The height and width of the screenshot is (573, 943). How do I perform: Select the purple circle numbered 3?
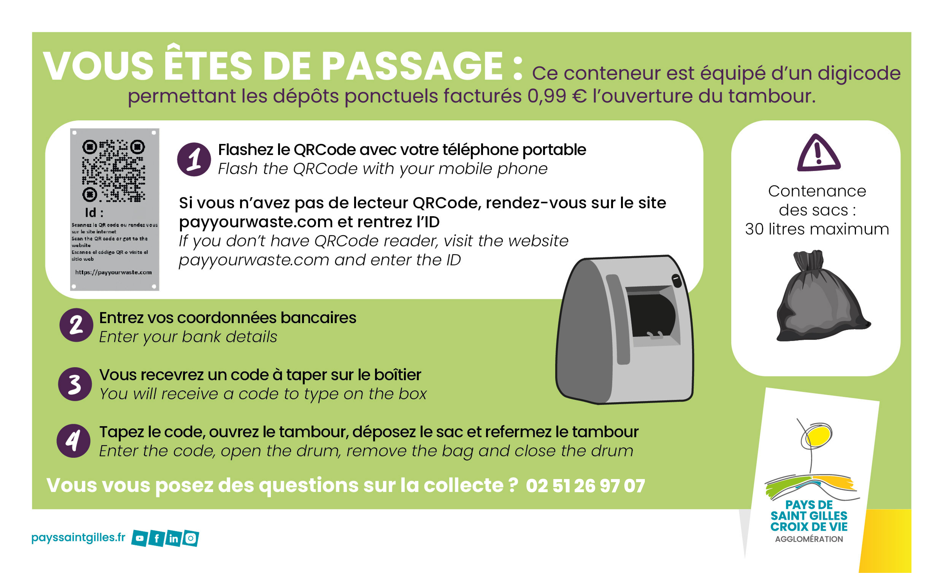(75, 384)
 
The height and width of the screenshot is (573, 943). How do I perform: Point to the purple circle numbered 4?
(74, 441)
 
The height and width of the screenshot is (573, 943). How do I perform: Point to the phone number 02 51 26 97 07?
(585, 486)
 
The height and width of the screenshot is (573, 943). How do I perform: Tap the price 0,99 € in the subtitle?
(557, 96)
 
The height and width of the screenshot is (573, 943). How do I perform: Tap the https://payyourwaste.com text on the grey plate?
(113, 272)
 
